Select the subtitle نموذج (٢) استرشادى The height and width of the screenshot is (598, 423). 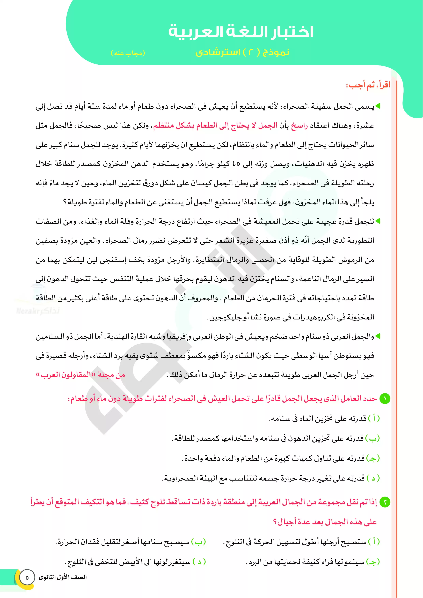coord(242,52)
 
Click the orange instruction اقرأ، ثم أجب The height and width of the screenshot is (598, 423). coord(368,85)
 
